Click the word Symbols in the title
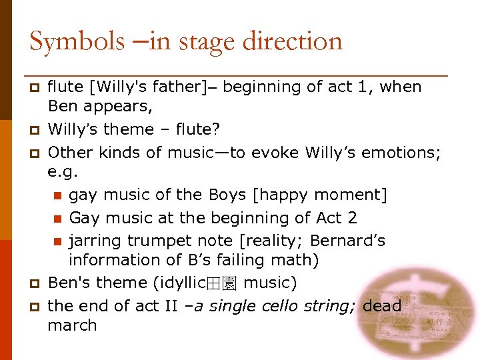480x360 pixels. pyautogui.click(x=77, y=41)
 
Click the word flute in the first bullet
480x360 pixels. pyautogui.click(x=65, y=87)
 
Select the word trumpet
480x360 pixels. pyautogui.click(x=148, y=240)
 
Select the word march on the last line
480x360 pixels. pyautogui.click(x=73, y=325)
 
